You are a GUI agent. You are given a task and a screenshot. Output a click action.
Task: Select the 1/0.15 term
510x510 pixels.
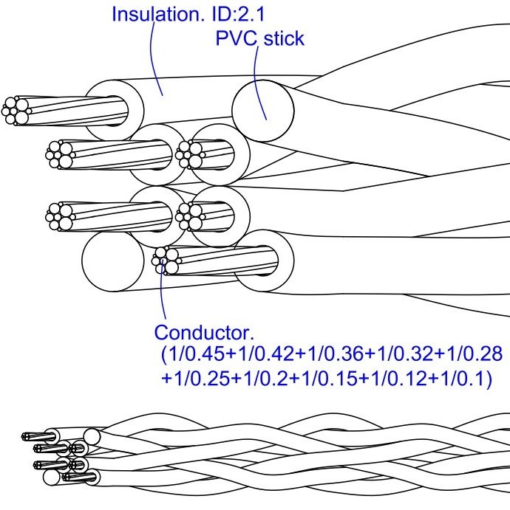point(314,379)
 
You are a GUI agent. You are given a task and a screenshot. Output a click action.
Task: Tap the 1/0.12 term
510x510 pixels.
point(377,379)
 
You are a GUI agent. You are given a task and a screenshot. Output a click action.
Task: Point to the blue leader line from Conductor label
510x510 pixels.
point(160,295)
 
